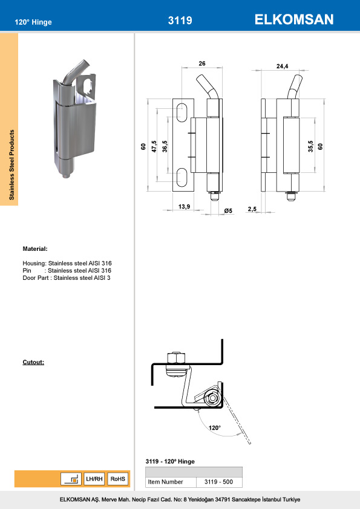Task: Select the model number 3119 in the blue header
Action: (x=180, y=21)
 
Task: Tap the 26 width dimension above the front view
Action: (x=201, y=63)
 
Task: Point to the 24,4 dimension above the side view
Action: (x=282, y=66)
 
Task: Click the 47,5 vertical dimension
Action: (x=154, y=146)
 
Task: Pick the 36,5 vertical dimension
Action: (x=165, y=146)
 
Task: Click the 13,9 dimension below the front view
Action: (x=185, y=207)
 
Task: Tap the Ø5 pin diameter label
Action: (x=228, y=210)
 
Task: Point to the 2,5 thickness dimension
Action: (x=252, y=209)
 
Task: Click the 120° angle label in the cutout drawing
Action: (x=214, y=427)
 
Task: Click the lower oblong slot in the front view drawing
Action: (x=182, y=178)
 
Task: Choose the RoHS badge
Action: (x=118, y=479)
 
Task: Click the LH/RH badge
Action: (x=94, y=479)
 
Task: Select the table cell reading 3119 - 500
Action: (x=219, y=482)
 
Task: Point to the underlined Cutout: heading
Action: (x=33, y=362)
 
